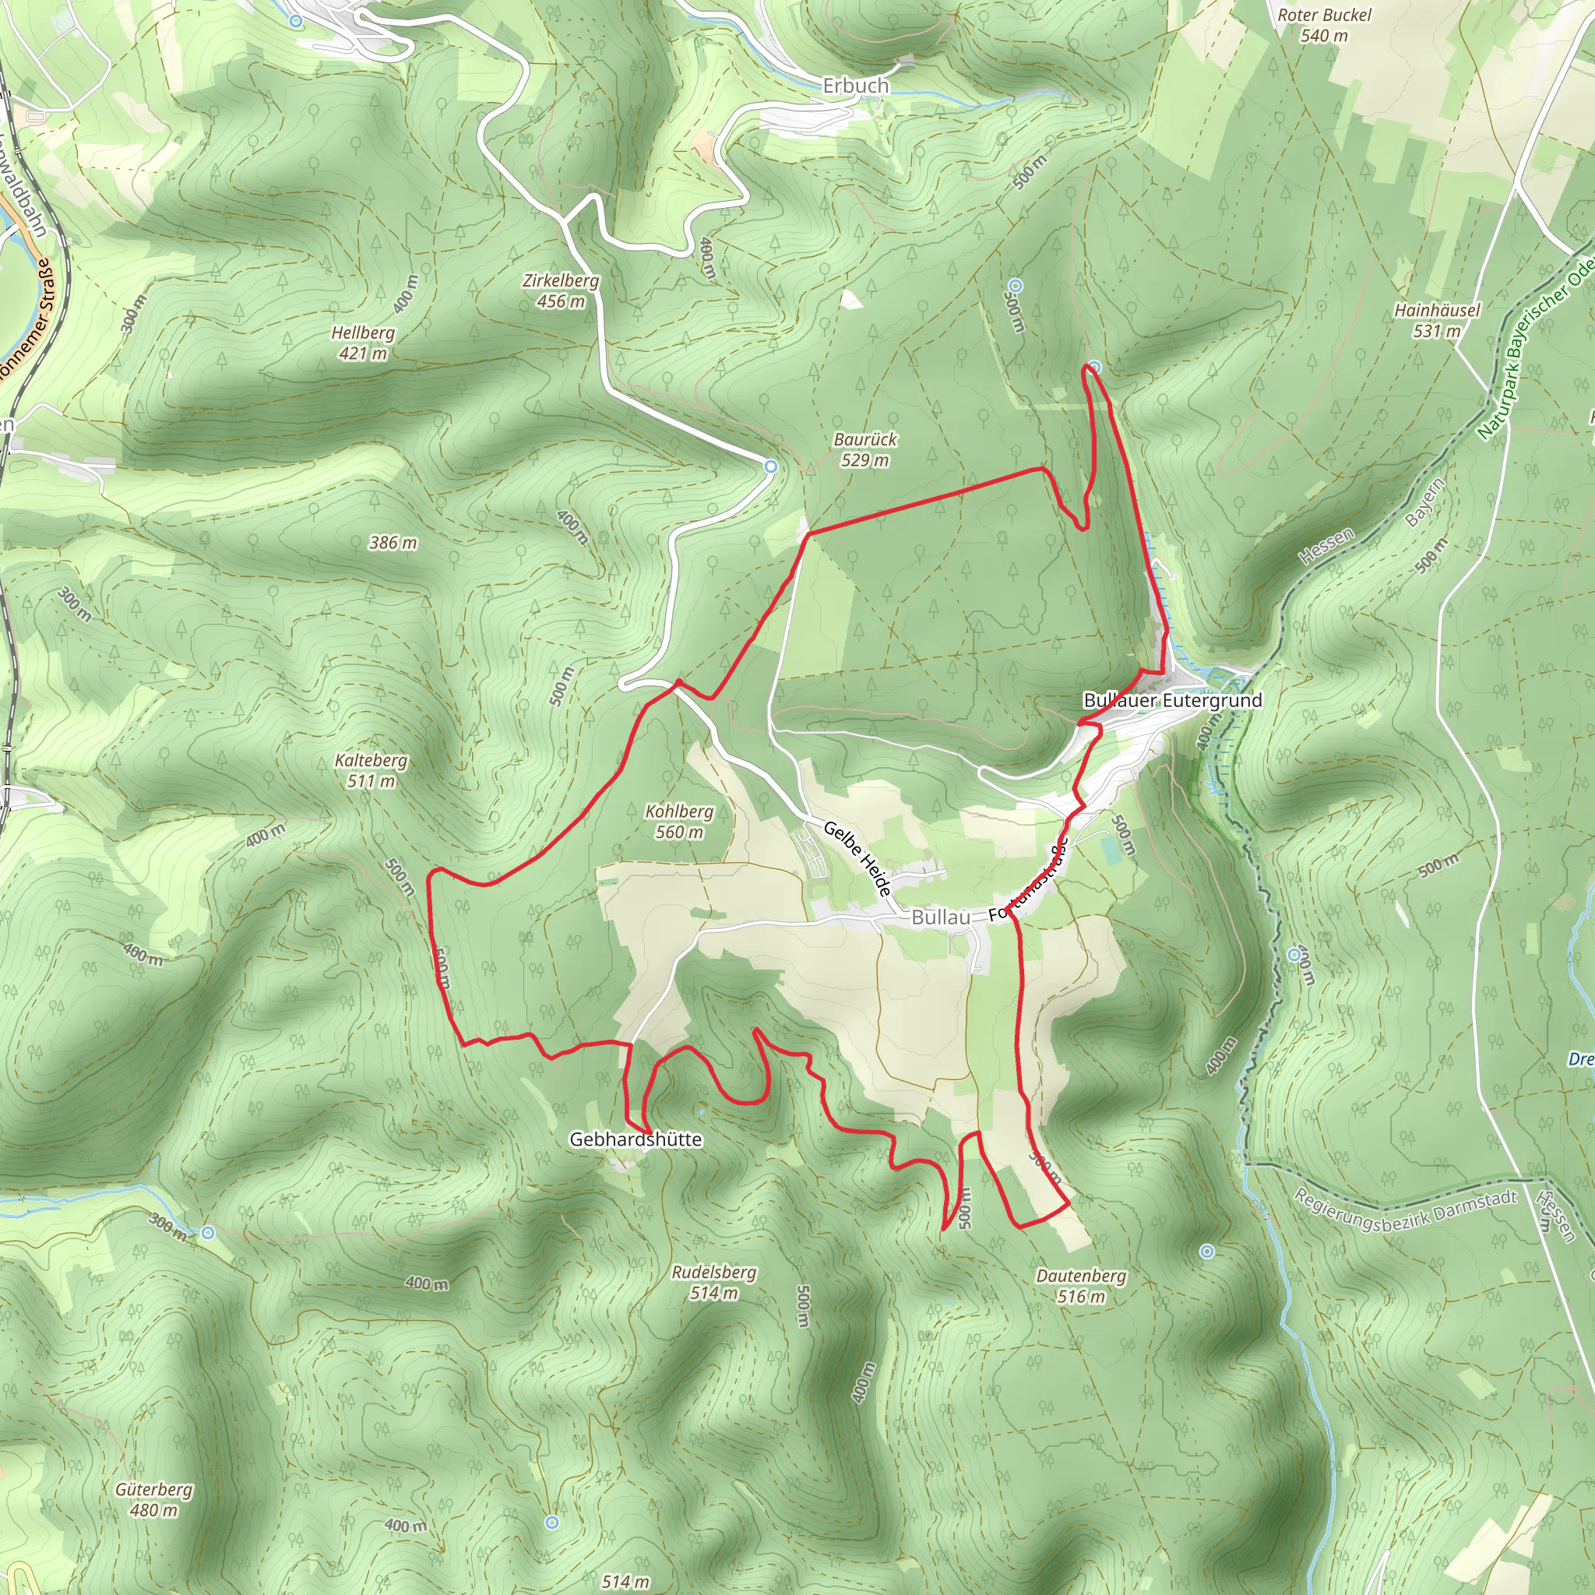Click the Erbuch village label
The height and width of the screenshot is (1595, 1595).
point(855,86)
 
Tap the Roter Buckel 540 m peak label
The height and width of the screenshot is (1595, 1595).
point(1323,25)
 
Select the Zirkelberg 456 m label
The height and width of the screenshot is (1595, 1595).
point(561,290)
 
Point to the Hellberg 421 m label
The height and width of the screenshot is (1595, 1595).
point(362,343)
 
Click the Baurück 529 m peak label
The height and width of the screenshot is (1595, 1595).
point(864,449)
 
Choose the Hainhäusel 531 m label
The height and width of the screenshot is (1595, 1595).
point(1436,320)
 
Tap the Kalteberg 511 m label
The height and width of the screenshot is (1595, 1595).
point(371,770)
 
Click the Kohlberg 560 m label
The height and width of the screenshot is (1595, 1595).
point(678,822)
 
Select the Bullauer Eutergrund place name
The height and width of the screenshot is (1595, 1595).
point(1172,700)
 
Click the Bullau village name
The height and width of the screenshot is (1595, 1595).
point(940,917)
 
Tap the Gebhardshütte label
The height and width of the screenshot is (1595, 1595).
point(636,1139)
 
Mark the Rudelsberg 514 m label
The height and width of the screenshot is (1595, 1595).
point(713,1282)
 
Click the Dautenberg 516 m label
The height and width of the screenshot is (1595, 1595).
point(1081,1285)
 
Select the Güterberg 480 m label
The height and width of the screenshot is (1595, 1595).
point(153,1499)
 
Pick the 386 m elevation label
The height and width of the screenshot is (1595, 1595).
point(393,542)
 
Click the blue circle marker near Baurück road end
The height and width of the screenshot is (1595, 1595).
point(770,467)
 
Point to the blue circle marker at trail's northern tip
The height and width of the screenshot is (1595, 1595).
point(1095,367)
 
